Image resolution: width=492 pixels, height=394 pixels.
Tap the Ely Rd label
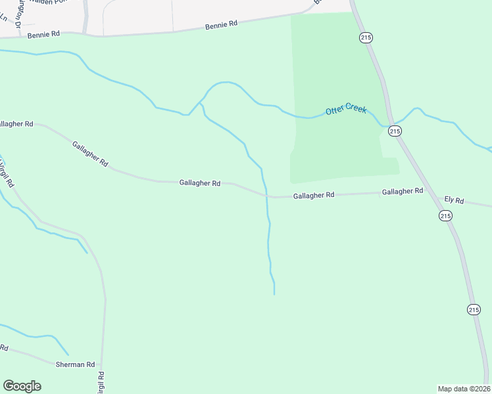[454, 200]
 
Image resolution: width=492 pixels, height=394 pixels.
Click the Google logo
[22, 386]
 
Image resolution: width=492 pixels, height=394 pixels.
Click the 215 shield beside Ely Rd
[445, 215]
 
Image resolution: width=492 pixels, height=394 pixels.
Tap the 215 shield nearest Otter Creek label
[394, 131]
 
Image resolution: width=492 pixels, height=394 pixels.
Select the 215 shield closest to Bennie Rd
[366, 38]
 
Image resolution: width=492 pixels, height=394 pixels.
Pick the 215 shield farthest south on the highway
[474, 309]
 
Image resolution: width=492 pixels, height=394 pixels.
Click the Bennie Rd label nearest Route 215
[221, 25]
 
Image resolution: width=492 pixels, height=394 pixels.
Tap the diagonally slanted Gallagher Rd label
[90, 154]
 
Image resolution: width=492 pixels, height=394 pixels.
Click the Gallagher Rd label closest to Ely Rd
[403, 191]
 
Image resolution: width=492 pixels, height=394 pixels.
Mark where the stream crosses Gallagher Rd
[266, 196]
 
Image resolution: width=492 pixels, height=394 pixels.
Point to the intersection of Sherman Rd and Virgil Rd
[103, 364]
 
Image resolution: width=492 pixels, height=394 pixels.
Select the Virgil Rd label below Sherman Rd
[101, 383]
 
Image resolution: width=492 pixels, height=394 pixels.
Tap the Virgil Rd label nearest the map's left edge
[7, 172]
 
